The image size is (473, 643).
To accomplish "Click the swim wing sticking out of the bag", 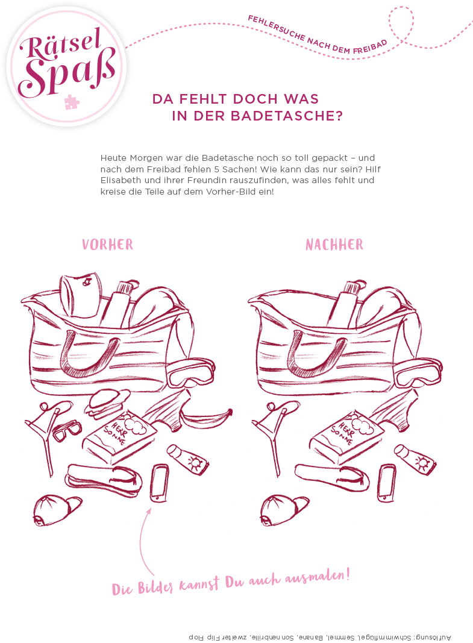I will point(82,293).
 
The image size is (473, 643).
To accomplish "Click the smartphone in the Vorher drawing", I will point(160,482).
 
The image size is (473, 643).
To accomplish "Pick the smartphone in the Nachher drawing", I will point(386,483).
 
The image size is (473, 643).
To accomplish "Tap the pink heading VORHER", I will point(107,244).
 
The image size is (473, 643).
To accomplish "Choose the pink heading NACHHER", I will point(334,244).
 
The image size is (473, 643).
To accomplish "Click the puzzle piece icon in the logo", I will point(72,102).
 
